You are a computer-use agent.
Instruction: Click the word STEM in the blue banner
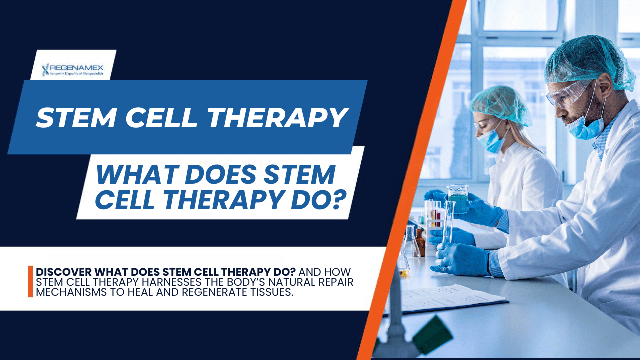click(78, 118)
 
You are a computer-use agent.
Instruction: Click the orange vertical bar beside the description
click(31, 281)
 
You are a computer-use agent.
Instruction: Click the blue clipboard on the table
click(450, 300)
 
